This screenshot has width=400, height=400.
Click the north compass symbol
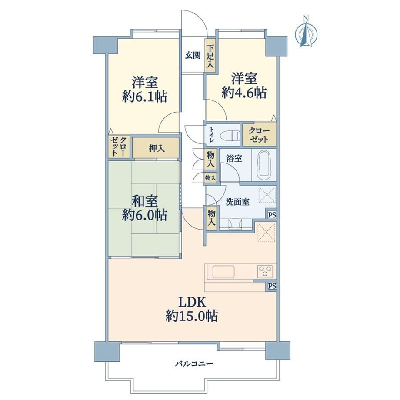pyautogui.click(x=306, y=32)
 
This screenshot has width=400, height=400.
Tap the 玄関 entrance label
pyautogui.click(x=193, y=55)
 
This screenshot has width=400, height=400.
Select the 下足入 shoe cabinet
pyautogui.click(x=210, y=57)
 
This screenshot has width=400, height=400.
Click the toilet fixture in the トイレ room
pyautogui.click(x=231, y=134)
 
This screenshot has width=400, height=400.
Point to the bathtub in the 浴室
pyautogui.click(x=264, y=164)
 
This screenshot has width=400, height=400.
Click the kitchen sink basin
pyautogui.click(x=223, y=272)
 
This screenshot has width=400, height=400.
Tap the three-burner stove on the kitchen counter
pyautogui.click(x=265, y=271)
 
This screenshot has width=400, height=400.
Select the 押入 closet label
pyautogui.click(x=157, y=148)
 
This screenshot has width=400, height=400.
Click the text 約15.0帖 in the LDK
pyautogui.click(x=192, y=317)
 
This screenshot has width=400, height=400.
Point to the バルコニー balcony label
pyautogui.click(x=194, y=363)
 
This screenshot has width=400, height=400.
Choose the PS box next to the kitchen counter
pyautogui.click(x=272, y=286)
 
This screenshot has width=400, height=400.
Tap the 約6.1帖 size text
pyautogui.click(x=144, y=97)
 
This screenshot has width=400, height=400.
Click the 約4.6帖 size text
pyautogui.click(x=244, y=93)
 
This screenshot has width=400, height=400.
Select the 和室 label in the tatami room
pyautogui.click(x=144, y=201)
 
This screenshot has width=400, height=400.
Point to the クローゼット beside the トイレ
pyautogui.click(x=259, y=135)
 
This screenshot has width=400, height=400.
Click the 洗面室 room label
pyautogui.click(x=237, y=202)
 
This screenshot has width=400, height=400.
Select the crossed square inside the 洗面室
pyautogui.click(x=267, y=195)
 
